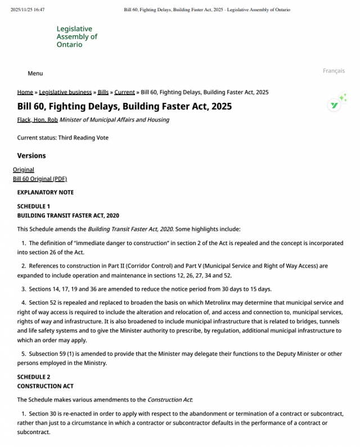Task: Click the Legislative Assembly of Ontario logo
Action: (x=76, y=37)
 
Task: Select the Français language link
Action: (x=334, y=70)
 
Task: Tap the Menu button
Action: (x=35, y=74)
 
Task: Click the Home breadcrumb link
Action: (x=25, y=92)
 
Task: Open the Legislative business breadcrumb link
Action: (x=65, y=92)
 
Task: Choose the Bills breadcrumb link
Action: (x=103, y=92)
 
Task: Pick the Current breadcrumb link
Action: (x=124, y=92)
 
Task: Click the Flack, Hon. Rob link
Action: (x=37, y=120)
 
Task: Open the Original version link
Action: (x=24, y=170)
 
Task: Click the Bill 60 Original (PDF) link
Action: (x=40, y=179)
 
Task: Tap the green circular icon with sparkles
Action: (x=335, y=105)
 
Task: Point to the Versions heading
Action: (x=31, y=156)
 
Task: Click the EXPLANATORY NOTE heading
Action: (x=45, y=192)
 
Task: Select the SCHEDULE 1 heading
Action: (x=33, y=206)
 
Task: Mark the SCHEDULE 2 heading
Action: (x=33, y=377)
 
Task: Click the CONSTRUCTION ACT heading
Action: (x=45, y=386)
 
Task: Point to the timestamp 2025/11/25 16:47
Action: (x=28, y=10)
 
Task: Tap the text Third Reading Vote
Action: (x=83, y=138)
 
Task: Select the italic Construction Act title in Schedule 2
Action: (x=169, y=400)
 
